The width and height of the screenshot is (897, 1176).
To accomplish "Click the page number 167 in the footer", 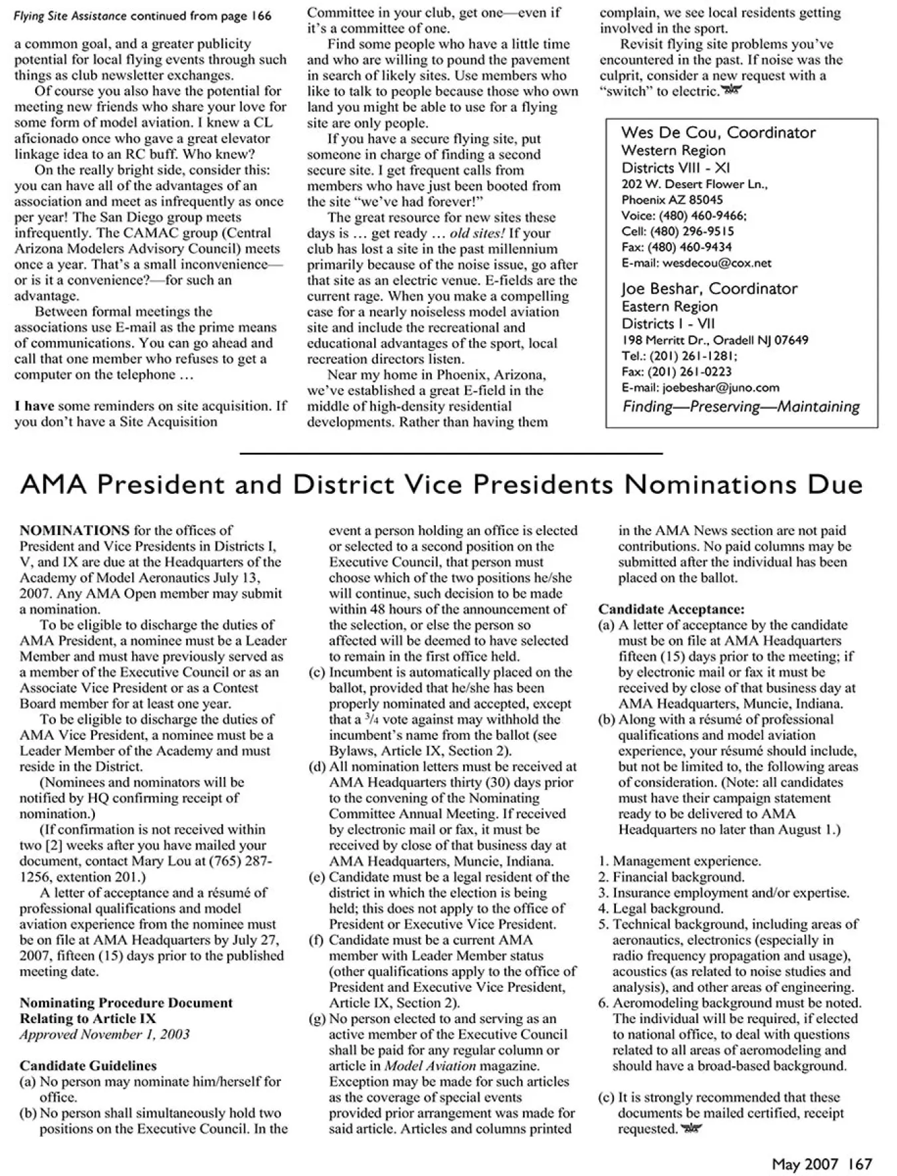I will point(859,1163).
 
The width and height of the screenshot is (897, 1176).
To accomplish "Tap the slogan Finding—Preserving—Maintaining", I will point(741,407).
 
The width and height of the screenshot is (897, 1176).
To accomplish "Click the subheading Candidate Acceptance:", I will point(671,609).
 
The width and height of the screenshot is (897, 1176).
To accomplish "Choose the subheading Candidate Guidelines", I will point(88,1066).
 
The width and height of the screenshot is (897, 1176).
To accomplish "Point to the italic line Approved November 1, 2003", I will point(104,1034).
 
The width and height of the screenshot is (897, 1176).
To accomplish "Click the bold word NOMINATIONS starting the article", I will point(74,530).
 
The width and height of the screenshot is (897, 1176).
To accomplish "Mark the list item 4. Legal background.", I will point(660,908).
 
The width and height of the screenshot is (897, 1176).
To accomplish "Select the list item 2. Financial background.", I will point(671,877).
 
